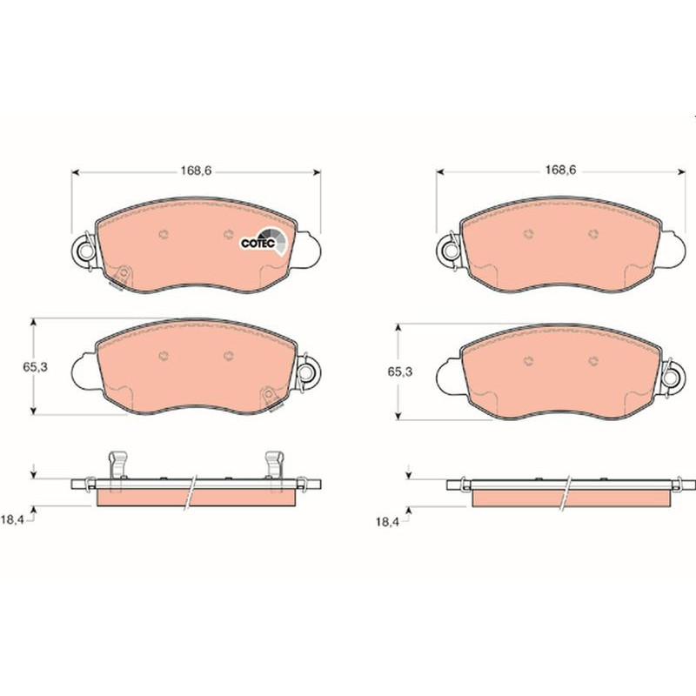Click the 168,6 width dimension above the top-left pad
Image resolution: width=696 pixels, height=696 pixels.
tap(197, 171)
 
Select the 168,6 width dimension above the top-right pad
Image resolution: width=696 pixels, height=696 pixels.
tap(560, 171)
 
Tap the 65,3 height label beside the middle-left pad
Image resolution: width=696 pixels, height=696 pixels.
tap(35, 367)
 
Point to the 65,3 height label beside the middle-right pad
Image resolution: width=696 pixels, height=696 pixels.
tap(400, 372)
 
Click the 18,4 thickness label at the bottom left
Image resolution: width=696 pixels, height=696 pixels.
tap(12, 520)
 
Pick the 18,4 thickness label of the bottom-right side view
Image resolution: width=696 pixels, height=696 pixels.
tap(387, 522)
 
